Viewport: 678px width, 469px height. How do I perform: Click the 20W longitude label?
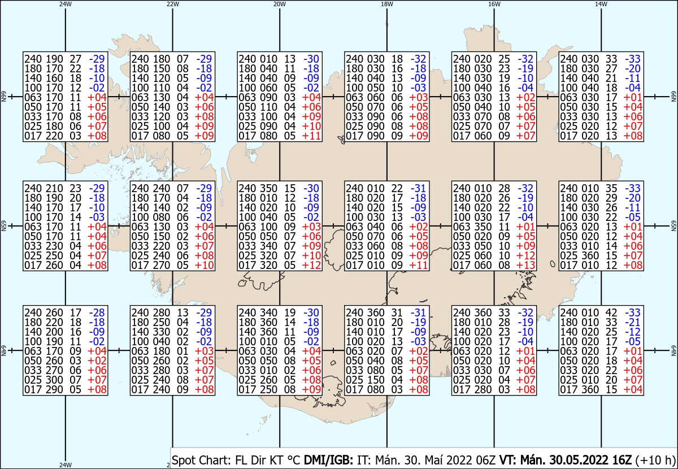coord(279,4)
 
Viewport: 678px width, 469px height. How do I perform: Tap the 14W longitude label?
coord(601,4)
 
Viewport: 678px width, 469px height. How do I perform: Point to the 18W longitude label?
coord(387,4)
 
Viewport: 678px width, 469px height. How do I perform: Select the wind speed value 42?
coord(611,312)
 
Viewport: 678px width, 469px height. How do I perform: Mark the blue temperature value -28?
coord(97,312)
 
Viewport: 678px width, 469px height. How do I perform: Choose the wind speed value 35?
coord(611,188)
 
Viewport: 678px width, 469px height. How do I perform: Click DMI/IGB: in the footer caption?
coord(328,460)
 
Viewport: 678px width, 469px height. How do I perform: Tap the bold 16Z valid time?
coord(622,460)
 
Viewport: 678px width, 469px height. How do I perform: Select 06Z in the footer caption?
coord(485,460)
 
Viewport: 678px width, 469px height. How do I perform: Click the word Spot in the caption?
coord(183,461)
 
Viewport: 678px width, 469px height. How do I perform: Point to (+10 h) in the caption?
coord(655,461)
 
